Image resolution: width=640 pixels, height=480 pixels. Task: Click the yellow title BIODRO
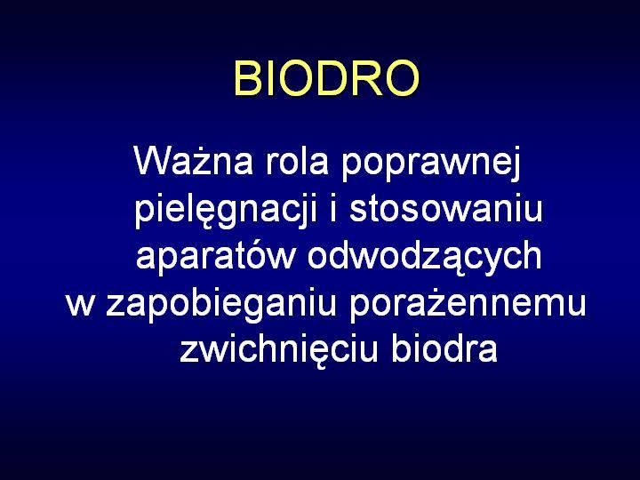[x=326, y=78]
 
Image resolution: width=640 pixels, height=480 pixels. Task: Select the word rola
[x=297, y=161]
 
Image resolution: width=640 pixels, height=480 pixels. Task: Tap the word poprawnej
[x=431, y=164]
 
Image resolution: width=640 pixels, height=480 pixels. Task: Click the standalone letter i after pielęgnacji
[x=333, y=207]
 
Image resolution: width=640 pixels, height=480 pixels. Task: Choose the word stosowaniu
[x=445, y=207]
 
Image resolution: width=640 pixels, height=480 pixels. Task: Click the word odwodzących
[x=425, y=256]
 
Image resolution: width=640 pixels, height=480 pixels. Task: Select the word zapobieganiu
[x=220, y=305]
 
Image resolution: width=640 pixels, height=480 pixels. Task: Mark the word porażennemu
[x=468, y=305]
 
